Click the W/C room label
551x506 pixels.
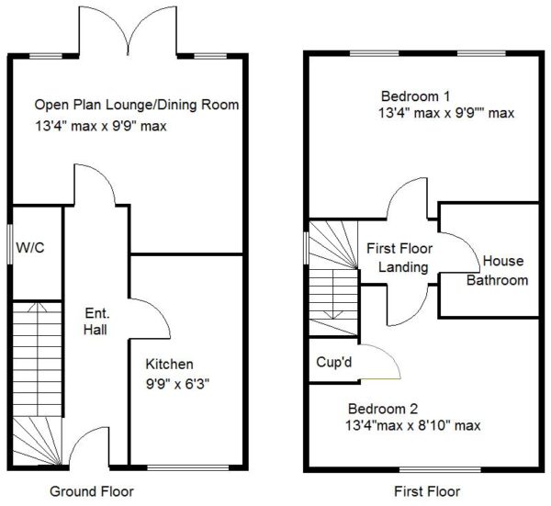30,248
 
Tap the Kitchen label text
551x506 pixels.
169,364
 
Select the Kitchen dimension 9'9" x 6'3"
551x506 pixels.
178,384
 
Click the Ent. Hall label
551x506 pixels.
96,321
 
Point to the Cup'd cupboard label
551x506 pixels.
334,362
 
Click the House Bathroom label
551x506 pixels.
498,271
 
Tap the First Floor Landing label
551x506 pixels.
399,258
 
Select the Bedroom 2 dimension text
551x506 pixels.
413,425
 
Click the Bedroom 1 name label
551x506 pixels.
415,96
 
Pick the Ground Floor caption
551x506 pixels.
92,491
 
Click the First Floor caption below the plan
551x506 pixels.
427,491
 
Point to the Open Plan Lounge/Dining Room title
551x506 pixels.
137,105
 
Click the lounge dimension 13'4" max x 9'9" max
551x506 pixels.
101,126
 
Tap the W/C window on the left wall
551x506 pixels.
10,244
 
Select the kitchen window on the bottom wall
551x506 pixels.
187,467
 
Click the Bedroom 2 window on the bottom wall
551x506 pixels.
440,470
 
